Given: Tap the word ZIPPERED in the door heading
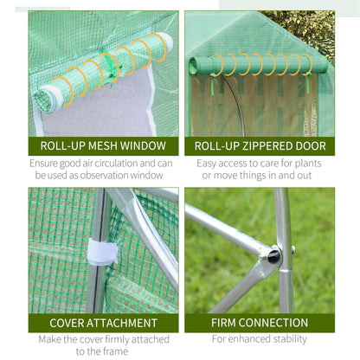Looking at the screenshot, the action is coord(264,146).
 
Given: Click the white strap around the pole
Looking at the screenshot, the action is coord(103,251).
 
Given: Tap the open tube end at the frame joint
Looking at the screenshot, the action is coord(274,255).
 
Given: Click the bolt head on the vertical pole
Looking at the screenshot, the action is coord(293,250).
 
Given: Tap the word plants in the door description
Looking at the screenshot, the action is coord(308,164).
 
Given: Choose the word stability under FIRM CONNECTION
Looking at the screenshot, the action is coord(290,339).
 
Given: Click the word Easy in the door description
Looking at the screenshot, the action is coord(206,164).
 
